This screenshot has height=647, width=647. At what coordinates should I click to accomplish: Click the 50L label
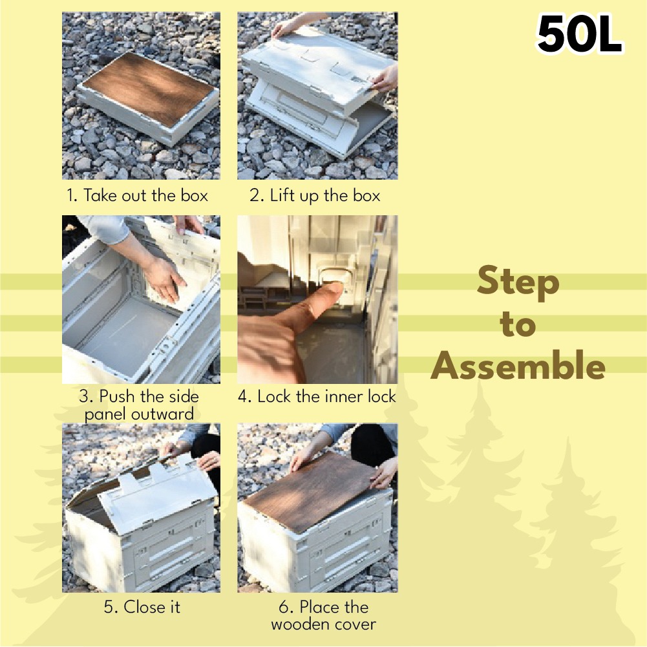tap(580, 35)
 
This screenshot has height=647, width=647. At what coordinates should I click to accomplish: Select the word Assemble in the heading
tap(518, 365)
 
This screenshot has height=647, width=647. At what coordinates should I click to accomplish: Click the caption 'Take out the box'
tap(145, 195)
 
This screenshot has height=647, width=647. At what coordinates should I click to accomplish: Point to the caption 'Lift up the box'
tap(324, 196)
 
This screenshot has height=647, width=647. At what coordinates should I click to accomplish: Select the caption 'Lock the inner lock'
tap(326, 396)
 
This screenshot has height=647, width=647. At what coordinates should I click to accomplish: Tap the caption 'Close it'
tap(152, 606)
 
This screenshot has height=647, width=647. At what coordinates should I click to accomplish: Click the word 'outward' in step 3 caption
tap(167, 414)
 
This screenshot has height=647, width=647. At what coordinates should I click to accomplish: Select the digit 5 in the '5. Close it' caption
tap(109, 607)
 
